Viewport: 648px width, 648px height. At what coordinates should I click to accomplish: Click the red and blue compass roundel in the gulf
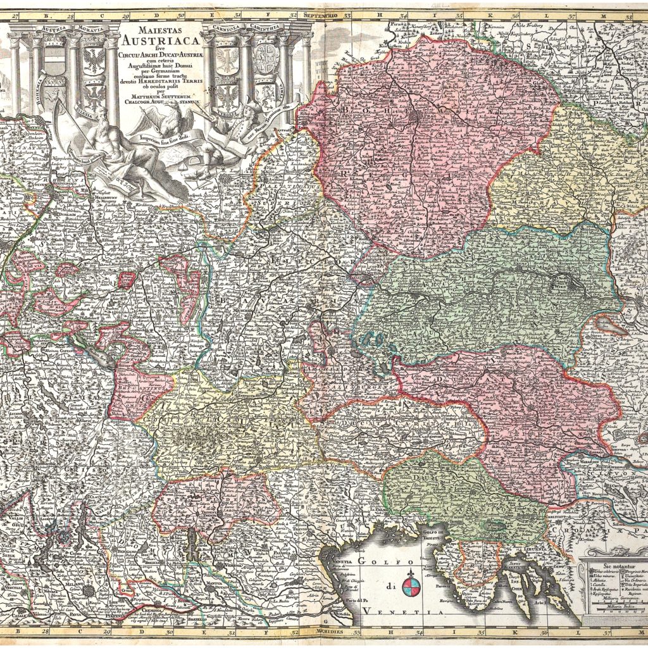[x=412, y=585]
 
